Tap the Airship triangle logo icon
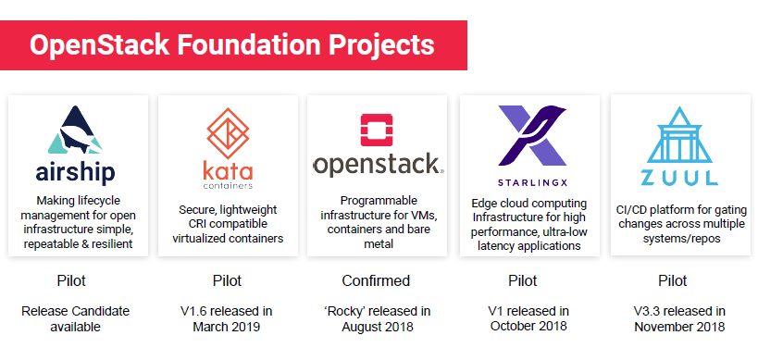coord(75,130)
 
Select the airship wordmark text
coord(75,172)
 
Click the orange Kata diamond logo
coord(228,134)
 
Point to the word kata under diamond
coord(228,171)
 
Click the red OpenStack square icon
coord(377,130)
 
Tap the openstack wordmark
coord(377,166)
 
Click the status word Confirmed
coord(376,280)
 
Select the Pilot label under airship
coord(71,280)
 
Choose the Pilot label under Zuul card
coord(673,280)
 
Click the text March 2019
coord(226,327)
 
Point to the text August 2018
coord(378,327)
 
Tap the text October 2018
coord(528,326)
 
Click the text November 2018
coord(679,327)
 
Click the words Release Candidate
coord(75,311)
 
